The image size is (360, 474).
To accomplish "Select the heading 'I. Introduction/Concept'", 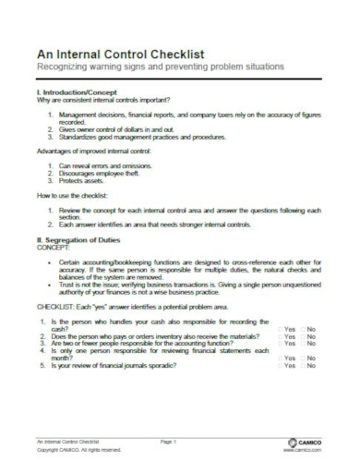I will click(76, 91).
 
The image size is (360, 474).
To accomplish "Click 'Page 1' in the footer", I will click(167, 443).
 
